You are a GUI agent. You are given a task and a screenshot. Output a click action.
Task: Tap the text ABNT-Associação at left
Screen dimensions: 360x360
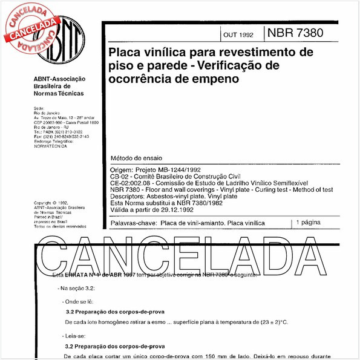pos(59,79)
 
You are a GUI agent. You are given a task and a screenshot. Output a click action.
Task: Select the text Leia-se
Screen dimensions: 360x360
pos(79,335)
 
